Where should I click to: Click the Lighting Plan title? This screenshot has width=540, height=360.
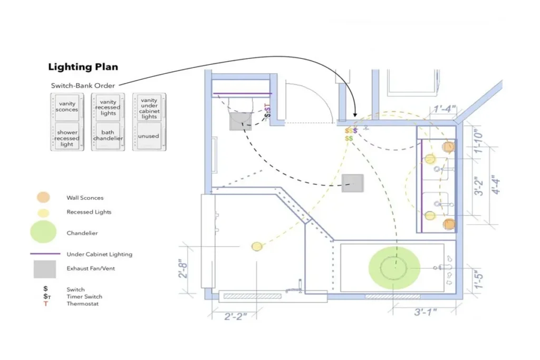83,67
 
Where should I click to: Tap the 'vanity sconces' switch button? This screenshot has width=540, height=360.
67,108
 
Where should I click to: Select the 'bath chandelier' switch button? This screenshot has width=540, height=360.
108,135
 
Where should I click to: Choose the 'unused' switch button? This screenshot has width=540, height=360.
149,136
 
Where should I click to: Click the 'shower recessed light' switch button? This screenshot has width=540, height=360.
67,137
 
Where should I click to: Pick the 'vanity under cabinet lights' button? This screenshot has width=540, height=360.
149,108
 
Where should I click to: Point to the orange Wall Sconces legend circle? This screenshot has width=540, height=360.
43,197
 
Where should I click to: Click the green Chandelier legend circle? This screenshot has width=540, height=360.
43,232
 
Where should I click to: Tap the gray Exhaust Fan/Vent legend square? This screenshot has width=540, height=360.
45,269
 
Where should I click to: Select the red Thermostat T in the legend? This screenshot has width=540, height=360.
45,304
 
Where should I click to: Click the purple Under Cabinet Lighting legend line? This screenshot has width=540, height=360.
45,254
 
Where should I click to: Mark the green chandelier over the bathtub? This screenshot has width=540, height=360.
394,267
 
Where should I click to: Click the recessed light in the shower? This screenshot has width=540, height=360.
257,247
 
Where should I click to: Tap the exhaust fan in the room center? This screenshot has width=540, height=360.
352,183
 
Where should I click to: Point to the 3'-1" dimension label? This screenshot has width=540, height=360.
426,312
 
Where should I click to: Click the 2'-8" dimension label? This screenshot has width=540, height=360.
183,270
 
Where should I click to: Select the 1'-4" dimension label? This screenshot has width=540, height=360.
445,109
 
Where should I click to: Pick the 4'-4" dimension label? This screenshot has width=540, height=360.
495,184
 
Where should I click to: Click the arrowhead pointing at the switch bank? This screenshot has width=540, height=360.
355,114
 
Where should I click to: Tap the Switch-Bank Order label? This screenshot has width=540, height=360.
83,86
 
